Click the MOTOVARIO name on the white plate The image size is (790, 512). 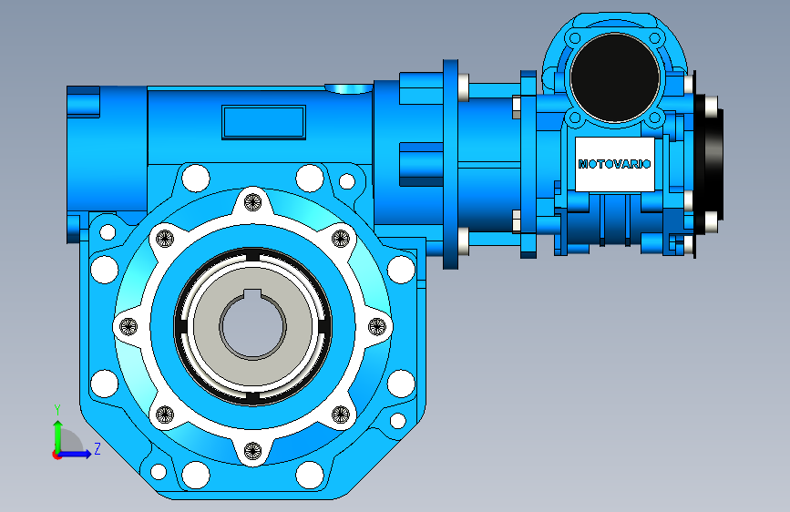614,164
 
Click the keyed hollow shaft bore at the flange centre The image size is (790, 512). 253,326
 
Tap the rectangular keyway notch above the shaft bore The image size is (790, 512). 252,295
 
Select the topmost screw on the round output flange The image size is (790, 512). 253,202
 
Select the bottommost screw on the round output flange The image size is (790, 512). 253,450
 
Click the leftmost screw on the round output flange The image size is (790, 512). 128,326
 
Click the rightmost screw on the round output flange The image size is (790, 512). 377,326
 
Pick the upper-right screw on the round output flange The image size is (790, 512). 341,239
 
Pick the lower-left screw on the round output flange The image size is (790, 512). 165,415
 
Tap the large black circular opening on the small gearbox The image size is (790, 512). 615,77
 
